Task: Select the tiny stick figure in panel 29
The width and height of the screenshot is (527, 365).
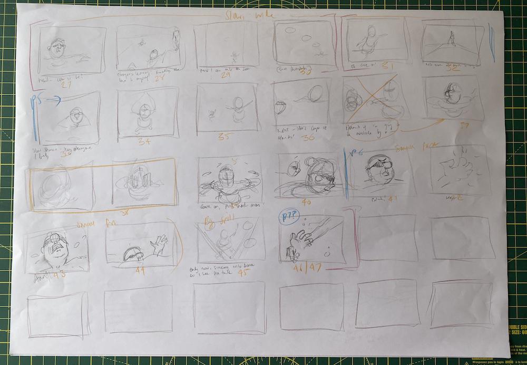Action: [x=235, y=55]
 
